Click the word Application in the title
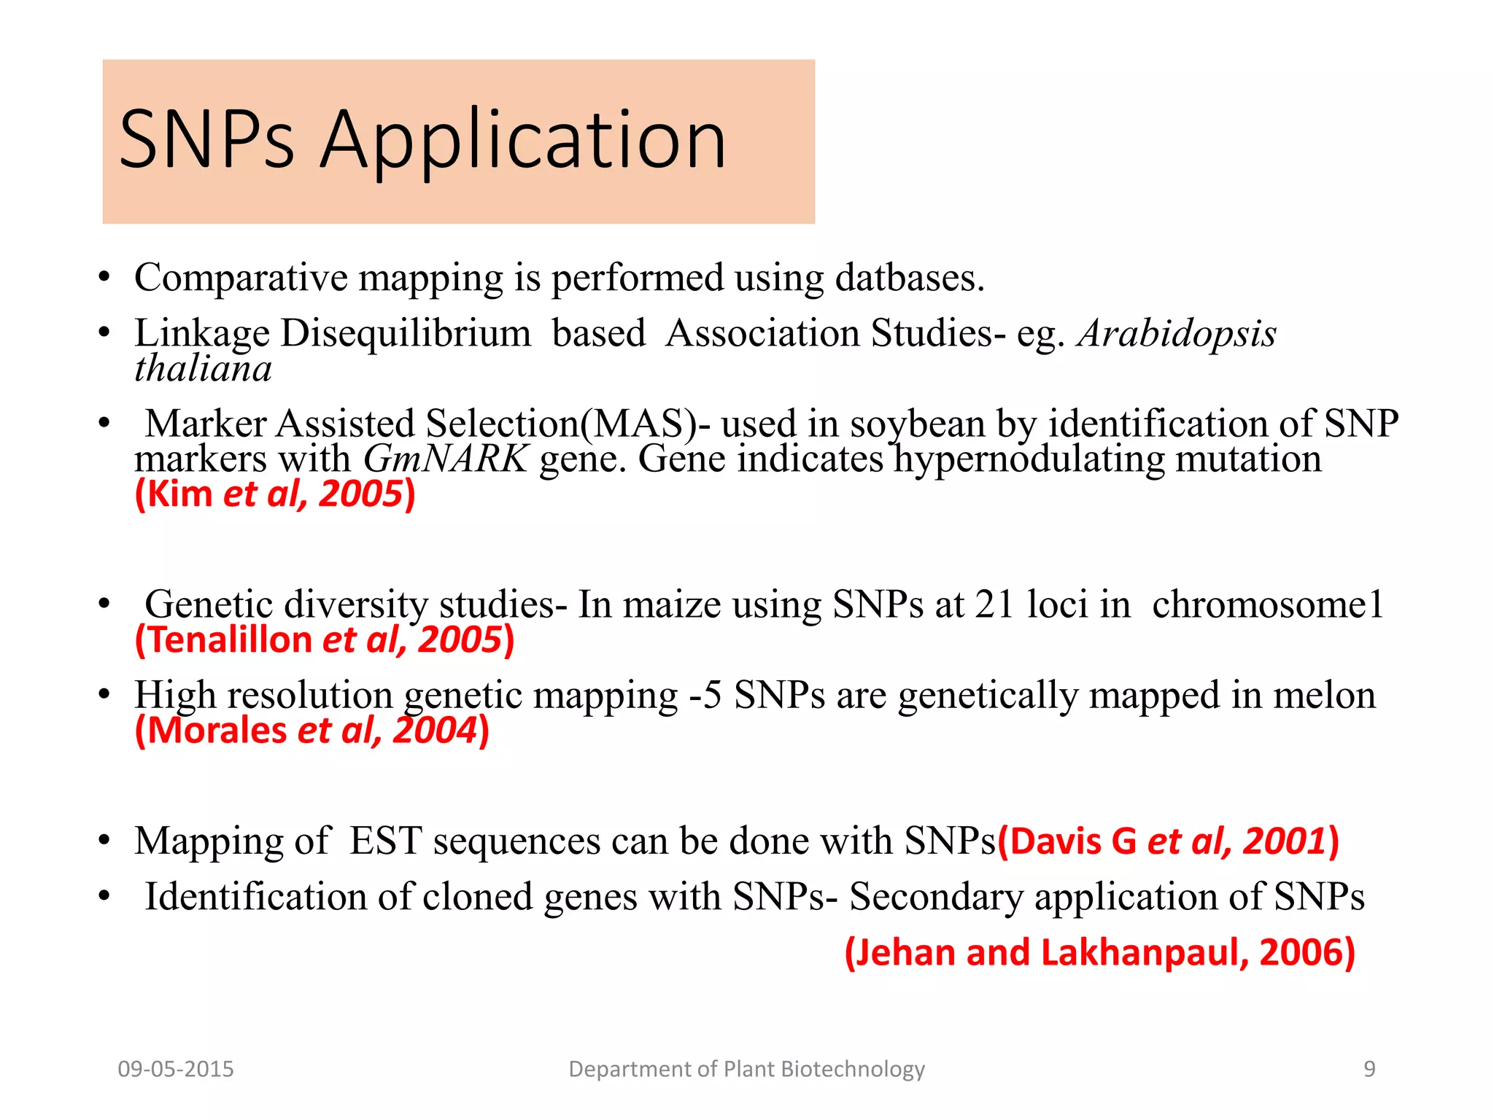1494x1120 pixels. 523,140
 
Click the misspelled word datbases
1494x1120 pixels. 909,278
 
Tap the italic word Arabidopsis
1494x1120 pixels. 1177,333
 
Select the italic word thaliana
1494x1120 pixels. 203,368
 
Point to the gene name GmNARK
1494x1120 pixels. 445,459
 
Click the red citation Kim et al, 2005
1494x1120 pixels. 275,494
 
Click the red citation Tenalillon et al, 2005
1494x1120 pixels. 325,640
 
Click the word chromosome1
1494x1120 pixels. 1268,604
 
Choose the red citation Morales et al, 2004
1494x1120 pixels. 312,731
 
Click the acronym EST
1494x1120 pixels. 385,841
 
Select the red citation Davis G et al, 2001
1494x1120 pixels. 1168,841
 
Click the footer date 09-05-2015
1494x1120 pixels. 176,1069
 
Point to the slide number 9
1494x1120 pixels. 1369,1069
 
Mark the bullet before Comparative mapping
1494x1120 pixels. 105,278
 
